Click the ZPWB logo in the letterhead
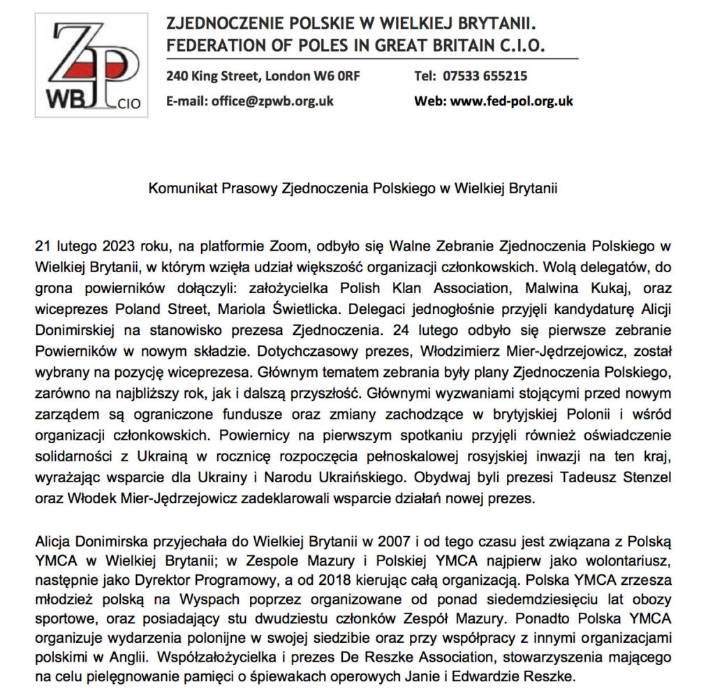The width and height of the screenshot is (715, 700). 91,66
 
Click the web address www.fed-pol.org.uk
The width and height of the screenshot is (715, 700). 512,100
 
